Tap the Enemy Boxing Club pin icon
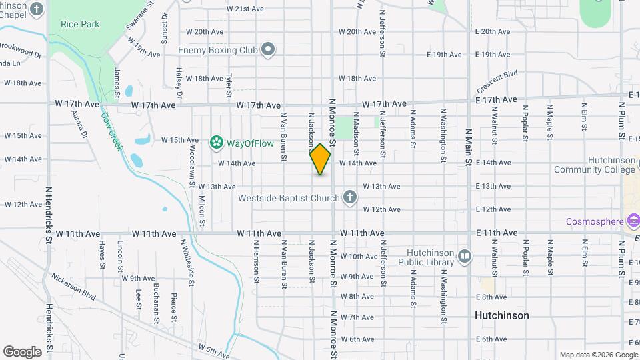[268, 50]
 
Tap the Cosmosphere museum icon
[633, 221]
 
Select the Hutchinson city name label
[501, 315]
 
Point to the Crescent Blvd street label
[497, 82]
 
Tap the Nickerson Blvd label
[74, 285]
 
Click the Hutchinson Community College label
[595, 165]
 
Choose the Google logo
[23, 351]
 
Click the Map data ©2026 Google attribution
[598, 355]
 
